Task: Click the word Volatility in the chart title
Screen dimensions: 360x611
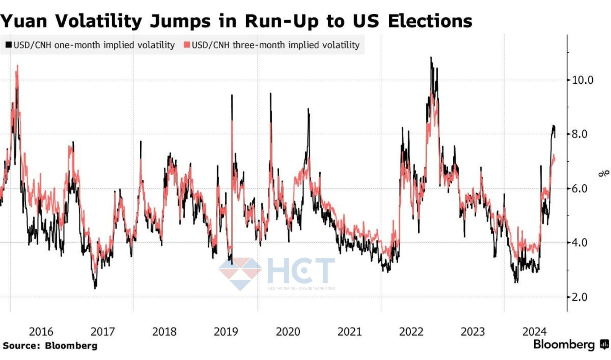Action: point(99,21)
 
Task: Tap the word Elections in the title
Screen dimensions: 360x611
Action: point(430,21)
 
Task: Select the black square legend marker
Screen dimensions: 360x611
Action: point(8,45)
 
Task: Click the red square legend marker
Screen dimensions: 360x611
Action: point(187,45)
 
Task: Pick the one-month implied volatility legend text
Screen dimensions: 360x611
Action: point(94,45)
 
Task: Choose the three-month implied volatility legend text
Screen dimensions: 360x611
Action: point(275,45)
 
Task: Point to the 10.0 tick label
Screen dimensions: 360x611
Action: point(582,80)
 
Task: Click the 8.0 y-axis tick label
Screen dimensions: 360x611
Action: point(579,134)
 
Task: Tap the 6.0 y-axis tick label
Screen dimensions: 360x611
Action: point(579,188)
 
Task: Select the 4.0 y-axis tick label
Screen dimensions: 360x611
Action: point(579,243)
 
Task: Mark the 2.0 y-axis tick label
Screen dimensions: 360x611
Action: point(579,297)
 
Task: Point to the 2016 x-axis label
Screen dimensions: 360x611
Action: point(41,331)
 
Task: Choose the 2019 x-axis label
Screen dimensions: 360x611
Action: point(226,331)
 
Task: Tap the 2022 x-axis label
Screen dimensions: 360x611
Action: point(411,331)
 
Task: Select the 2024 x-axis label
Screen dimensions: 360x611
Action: point(534,331)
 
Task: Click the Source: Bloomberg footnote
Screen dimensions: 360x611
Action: point(50,346)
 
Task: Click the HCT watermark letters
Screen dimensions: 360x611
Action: point(301,270)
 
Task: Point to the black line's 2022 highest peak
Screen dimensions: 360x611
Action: point(431,58)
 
